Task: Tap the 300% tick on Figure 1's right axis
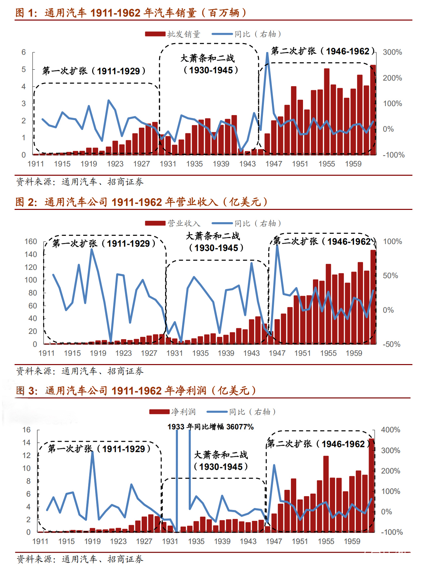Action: [x=392, y=52]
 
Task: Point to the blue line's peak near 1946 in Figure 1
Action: [x=267, y=53]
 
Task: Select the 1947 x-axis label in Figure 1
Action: [x=273, y=164]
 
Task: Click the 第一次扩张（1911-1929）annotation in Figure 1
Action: [x=94, y=71]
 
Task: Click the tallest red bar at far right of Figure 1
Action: [x=373, y=109]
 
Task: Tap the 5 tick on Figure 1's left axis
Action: [x=24, y=69]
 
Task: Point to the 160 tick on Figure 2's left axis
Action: [x=30, y=241]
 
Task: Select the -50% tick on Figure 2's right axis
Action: [x=392, y=344]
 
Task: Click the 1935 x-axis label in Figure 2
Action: [x=200, y=353]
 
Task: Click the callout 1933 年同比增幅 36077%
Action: [x=211, y=427]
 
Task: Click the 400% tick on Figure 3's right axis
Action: [x=390, y=430]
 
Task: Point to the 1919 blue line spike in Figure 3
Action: [x=92, y=452]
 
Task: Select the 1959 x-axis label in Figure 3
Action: [x=352, y=541]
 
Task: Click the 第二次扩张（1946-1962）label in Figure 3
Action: [x=318, y=444]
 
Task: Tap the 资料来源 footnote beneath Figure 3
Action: [x=80, y=559]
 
